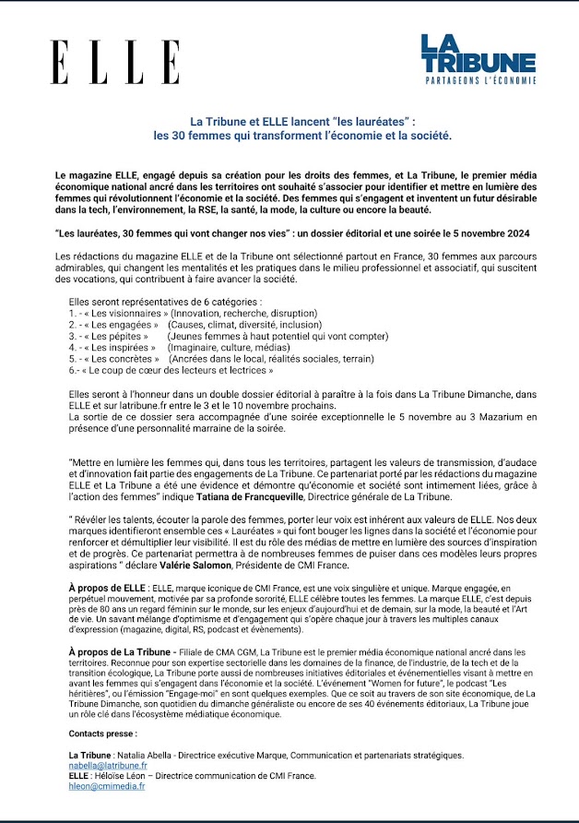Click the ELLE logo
[x=115, y=63]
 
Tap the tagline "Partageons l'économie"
[x=478, y=83]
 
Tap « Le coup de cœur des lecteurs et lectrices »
[x=176, y=371]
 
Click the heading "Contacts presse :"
[x=102, y=733]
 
